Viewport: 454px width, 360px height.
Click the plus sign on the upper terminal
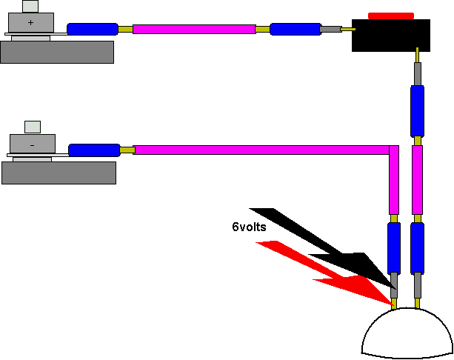(x=30, y=23)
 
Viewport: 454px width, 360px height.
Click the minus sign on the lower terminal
(x=31, y=146)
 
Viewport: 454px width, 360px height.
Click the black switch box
(x=390, y=35)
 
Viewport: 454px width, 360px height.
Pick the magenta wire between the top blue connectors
(x=193, y=29)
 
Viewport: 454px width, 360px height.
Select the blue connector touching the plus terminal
(x=92, y=30)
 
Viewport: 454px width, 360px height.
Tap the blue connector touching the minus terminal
(x=94, y=150)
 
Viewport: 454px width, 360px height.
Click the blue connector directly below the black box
(x=417, y=110)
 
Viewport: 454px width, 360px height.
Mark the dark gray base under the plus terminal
(x=57, y=52)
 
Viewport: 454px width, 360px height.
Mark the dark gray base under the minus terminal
(x=59, y=173)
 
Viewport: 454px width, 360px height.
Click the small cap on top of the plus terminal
(x=30, y=6)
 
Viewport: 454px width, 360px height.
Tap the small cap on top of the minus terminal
(x=33, y=127)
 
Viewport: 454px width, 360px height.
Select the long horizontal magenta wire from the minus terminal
(x=259, y=150)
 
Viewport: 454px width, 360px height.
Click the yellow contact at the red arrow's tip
(x=394, y=303)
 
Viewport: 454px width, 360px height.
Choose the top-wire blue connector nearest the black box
(x=295, y=30)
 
